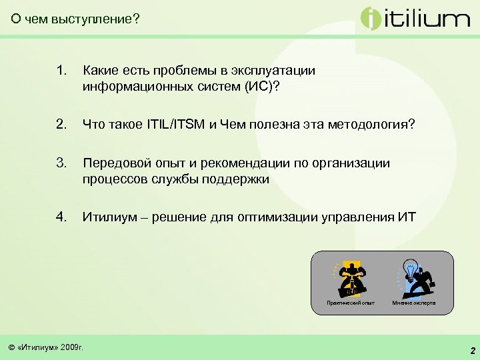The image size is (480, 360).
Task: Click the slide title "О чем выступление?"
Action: click(x=75, y=19)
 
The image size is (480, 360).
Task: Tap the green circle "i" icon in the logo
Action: click(x=371, y=18)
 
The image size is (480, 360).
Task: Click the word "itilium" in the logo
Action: click(x=427, y=19)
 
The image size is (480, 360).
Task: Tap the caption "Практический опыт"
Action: click(x=351, y=303)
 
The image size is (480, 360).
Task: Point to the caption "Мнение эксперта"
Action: click(x=414, y=303)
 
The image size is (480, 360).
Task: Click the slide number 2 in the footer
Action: click(x=472, y=351)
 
